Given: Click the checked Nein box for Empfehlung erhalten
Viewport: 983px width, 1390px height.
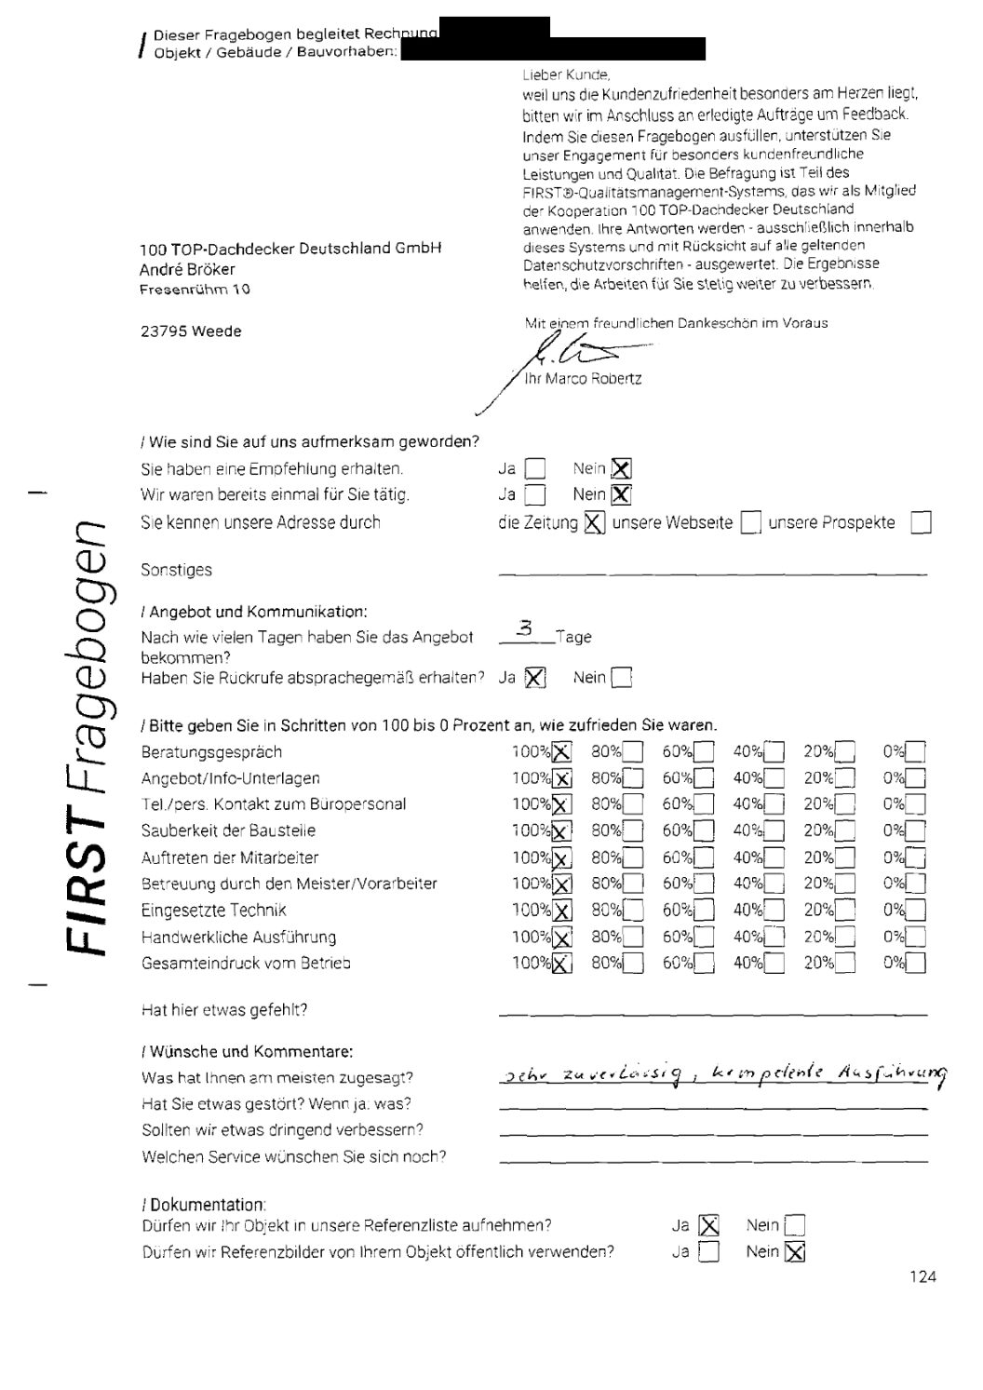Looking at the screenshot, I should click(621, 469).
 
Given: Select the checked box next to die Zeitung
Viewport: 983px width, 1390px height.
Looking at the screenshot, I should click(594, 523).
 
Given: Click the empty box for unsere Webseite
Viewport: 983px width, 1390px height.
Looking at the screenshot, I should click(750, 523).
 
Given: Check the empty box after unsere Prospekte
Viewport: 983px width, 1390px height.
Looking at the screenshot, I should click(921, 523).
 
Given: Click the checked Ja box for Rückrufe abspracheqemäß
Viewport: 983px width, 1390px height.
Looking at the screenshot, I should click(534, 679).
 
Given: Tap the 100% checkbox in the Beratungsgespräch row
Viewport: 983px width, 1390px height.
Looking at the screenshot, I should click(562, 752).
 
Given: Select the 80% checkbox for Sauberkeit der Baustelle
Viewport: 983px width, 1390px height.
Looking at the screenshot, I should click(633, 831).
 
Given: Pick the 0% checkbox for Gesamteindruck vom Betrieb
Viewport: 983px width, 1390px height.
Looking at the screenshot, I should click(915, 964).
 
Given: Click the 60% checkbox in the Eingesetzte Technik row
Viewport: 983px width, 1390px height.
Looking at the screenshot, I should click(704, 911).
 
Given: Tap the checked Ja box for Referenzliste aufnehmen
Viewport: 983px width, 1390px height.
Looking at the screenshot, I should click(708, 1226).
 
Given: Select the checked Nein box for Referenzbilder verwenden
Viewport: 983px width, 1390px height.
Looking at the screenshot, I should click(794, 1252).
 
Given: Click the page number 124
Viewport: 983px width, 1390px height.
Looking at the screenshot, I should click(923, 1276).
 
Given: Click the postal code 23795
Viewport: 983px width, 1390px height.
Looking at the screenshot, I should click(163, 331).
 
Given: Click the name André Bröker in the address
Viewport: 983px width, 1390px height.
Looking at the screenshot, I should click(187, 269).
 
